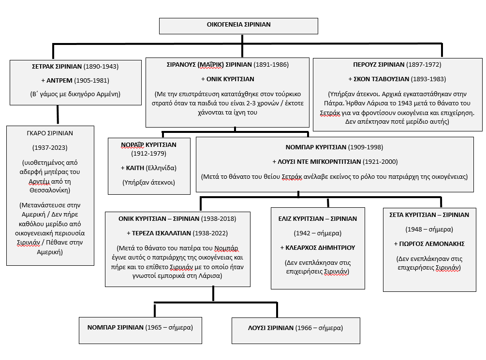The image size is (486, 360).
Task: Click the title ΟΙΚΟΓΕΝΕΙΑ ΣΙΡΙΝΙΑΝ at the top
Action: [x=239, y=25]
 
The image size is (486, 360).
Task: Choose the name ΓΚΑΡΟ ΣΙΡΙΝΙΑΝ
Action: [x=50, y=132]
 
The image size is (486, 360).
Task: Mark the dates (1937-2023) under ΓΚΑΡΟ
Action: [x=50, y=147]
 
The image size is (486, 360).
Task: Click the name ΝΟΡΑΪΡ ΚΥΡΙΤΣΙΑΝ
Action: [x=148, y=144]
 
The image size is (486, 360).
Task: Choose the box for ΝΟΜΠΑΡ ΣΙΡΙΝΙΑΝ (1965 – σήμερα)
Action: [x=140, y=330]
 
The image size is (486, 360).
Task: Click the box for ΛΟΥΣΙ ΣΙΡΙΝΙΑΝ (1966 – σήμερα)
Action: [x=296, y=330]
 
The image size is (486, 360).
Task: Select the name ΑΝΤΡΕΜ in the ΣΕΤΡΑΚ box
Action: [x=62, y=80]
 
